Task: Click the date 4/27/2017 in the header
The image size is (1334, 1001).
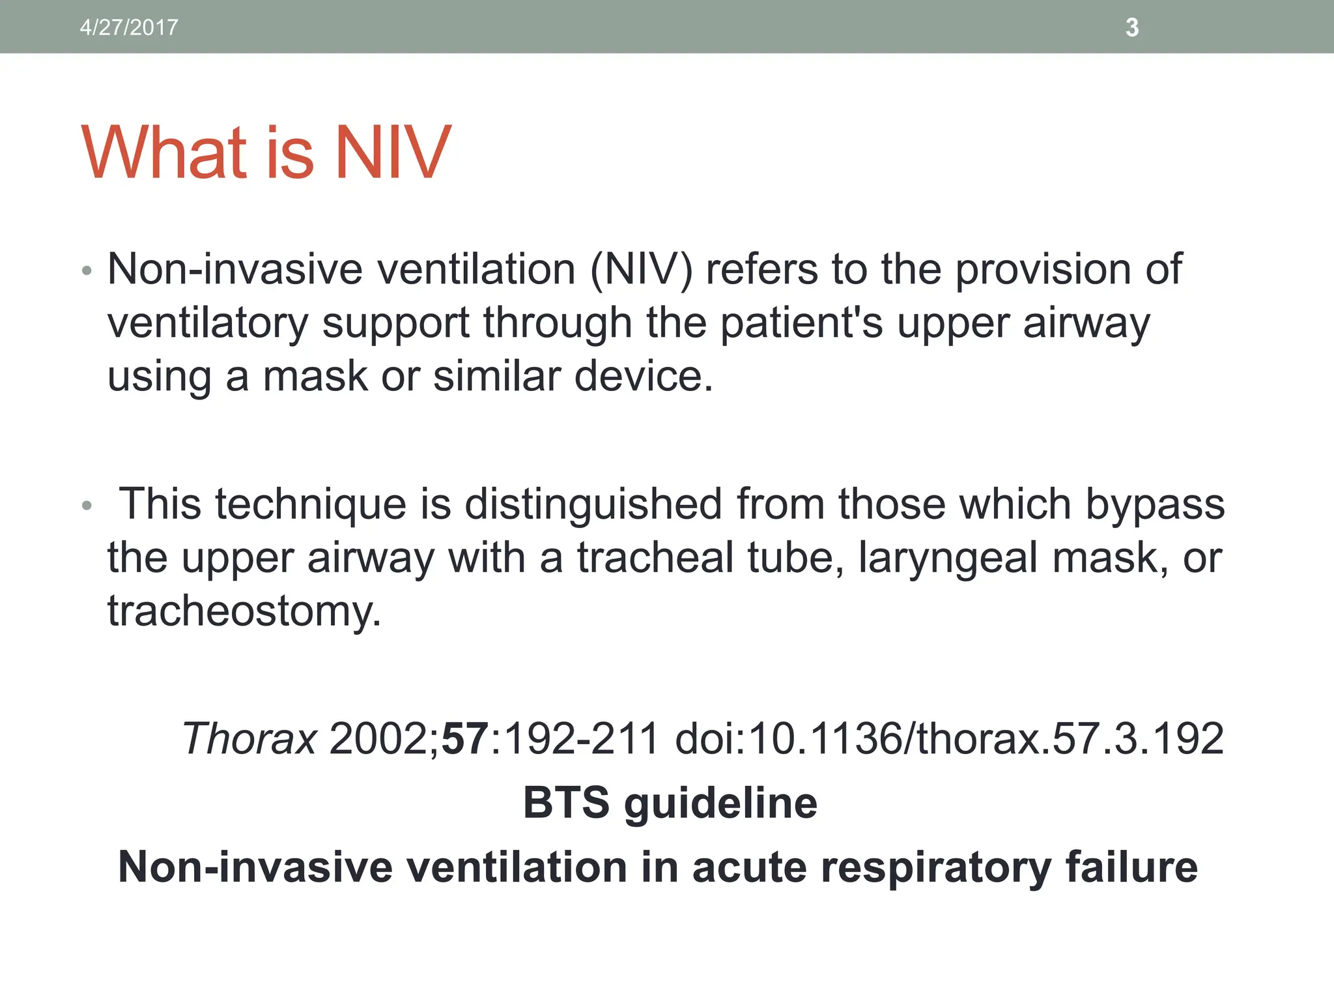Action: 129,27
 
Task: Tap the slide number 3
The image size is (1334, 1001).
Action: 1132,27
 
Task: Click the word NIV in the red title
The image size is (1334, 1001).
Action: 392,153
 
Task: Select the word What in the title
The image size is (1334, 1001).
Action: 165,153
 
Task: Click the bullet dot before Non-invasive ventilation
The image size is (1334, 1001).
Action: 87,270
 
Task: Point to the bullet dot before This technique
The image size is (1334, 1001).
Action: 87,506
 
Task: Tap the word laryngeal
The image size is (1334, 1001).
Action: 948,559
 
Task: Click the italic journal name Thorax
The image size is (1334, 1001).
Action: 249,739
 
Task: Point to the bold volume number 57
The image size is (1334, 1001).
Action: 465,739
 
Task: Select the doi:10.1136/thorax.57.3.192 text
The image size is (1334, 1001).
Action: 949,739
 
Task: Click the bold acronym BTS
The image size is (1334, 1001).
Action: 565,803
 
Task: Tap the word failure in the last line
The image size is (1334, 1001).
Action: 1131,867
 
